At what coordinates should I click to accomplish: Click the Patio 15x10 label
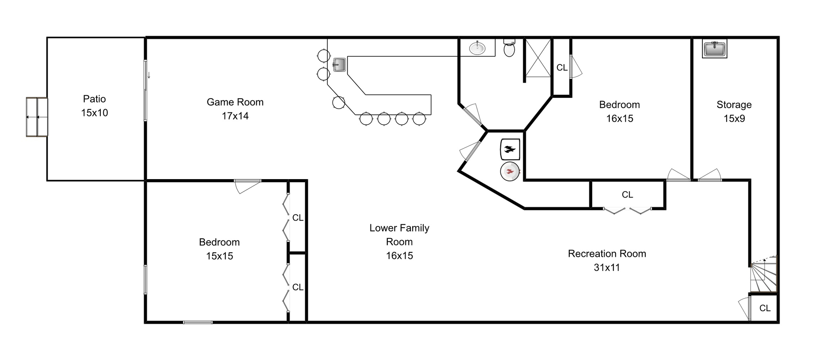click(94, 106)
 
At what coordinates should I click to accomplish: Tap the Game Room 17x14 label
click(235, 109)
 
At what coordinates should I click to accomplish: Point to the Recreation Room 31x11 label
click(607, 260)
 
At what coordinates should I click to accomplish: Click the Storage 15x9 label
click(734, 112)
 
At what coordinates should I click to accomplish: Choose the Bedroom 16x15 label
click(619, 112)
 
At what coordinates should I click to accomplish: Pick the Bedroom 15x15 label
click(219, 249)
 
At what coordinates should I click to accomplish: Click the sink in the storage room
click(715, 49)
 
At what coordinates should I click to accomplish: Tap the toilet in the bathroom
click(509, 48)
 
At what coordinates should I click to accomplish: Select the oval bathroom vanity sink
click(477, 48)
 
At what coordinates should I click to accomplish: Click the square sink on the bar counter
click(339, 65)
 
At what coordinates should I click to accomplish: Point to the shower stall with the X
click(538, 58)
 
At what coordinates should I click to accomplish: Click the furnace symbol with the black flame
click(510, 150)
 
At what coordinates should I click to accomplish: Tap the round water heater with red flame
click(510, 172)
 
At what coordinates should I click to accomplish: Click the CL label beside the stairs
click(765, 308)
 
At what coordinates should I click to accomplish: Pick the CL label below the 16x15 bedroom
click(627, 195)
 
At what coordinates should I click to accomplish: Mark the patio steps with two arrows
click(37, 117)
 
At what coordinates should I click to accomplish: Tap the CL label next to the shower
click(562, 67)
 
